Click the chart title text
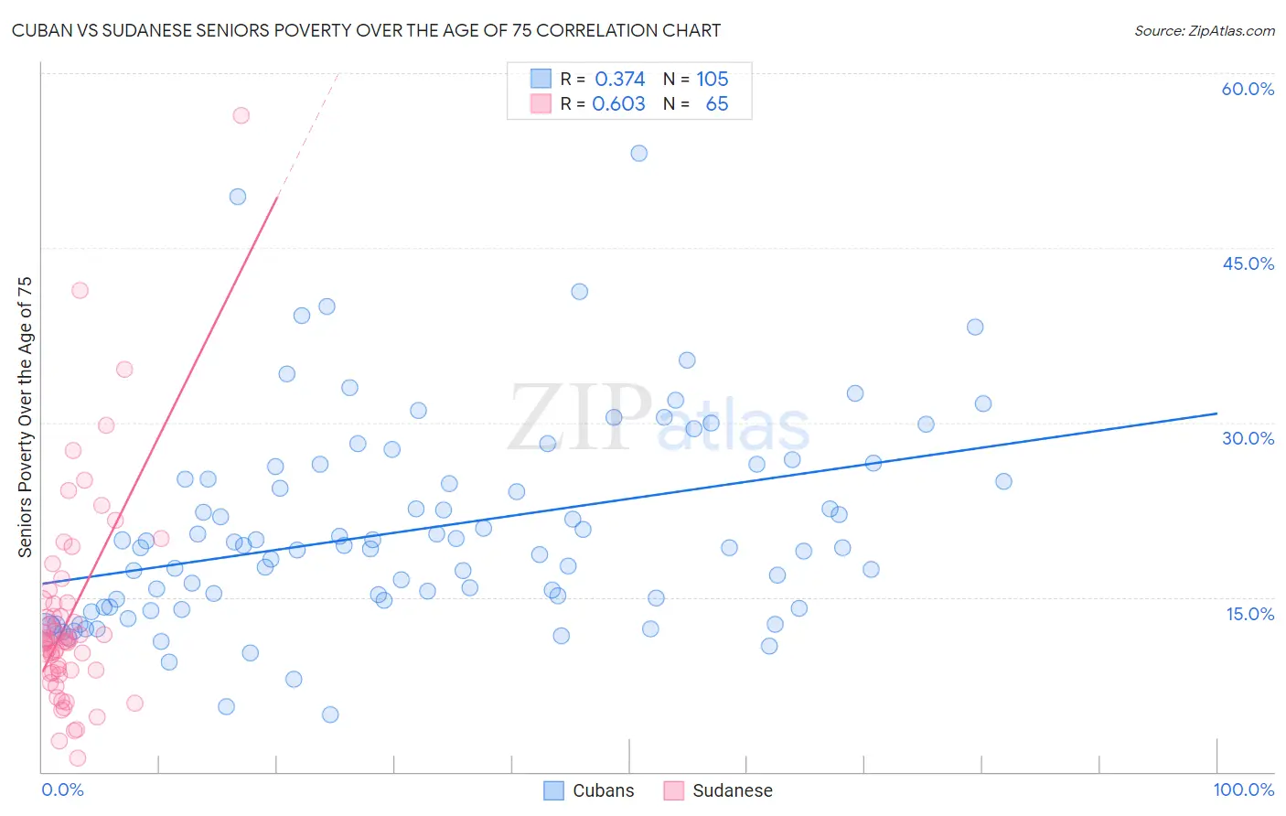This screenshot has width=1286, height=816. (366, 30)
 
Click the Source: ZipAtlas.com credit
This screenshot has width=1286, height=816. (1204, 30)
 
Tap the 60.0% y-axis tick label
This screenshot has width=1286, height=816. (1248, 89)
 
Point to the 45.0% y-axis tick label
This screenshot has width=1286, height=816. (1248, 263)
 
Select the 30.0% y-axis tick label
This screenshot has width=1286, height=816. (1248, 438)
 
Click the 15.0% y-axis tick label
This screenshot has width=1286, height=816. (1249, 614)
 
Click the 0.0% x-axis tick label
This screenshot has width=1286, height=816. (62, 789)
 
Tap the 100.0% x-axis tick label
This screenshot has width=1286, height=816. (1243, 789)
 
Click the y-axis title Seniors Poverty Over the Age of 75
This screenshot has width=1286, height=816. (25, 417)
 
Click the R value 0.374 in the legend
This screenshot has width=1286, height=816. (619, 79)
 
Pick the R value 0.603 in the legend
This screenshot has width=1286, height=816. (618, 103)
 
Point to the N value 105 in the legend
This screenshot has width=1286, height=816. (712, 79)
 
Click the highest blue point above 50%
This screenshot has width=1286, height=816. (639, 153)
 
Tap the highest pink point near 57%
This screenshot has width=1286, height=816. (241, 115)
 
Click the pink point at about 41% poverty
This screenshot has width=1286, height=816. (80, 290)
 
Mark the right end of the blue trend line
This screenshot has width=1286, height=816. (1216, 413)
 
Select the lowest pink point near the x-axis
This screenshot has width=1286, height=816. (78, 757)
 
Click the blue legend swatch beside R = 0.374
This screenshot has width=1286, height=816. (541, 79)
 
